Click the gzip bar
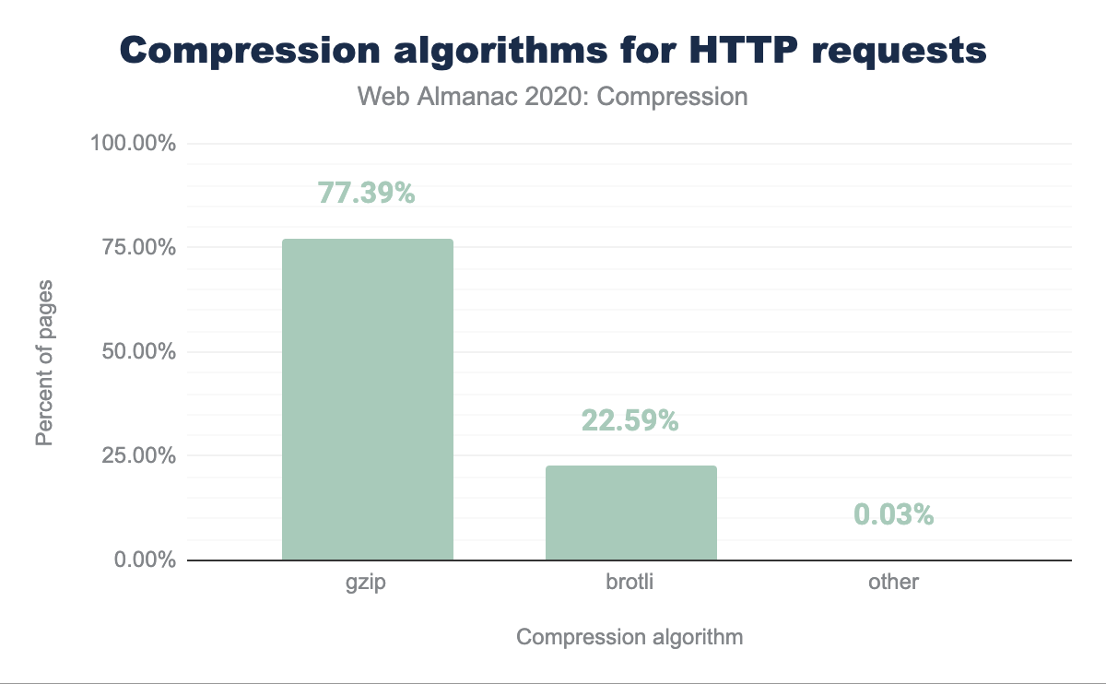point(367,399)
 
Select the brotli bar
point(630,513)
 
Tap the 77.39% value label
point(367,193)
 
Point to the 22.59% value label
point(630,420)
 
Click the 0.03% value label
point(893,514)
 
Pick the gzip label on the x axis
point(367,583)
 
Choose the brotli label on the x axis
point(630,583)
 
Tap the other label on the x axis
point(893,583)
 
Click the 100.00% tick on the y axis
point(133,144)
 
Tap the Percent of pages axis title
point(43,361)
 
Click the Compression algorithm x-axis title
point(629,637)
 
